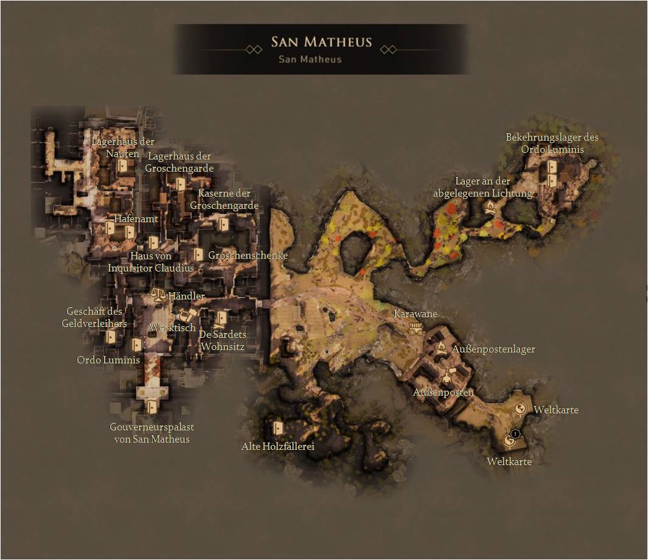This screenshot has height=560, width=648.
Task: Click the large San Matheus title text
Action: (321, 43)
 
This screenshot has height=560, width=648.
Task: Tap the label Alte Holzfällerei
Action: (277, 446)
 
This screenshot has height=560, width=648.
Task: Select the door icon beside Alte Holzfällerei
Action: (278, 427)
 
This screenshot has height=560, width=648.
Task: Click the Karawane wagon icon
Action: (416, 329)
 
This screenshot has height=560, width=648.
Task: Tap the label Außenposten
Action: (443, 393)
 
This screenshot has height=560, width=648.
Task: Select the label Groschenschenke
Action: (248, 256)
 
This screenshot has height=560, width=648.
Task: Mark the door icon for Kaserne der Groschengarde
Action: (224, 225)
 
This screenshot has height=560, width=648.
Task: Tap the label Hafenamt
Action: (136, 219)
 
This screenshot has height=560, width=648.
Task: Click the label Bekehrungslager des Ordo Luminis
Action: (552, 143)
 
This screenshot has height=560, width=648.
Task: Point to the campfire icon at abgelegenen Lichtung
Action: (490, 208)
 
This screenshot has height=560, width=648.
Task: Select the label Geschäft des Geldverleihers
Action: (94, 317)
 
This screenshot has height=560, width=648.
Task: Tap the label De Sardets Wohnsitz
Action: (223, 341)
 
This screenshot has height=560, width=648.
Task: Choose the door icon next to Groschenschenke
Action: (198, 254)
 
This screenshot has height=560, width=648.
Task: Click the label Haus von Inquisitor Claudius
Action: (151, 262)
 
